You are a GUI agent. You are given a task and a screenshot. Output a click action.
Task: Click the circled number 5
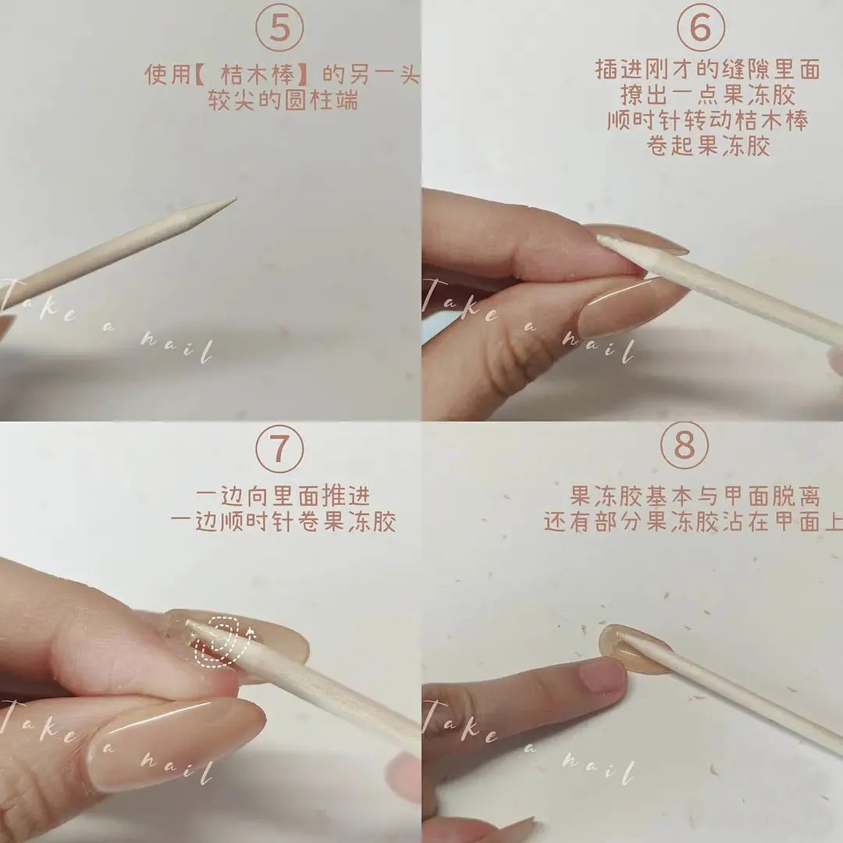tap(279, 27)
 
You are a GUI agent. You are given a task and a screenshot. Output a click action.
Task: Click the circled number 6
tap(700, 27)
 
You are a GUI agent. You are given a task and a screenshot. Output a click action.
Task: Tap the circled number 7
tap(279, 448)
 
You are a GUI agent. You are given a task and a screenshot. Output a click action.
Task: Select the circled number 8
tap(685, 446)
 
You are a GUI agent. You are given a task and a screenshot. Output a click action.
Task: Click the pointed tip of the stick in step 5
tap(235, 200)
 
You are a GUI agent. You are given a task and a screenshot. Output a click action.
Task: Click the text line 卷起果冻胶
tap(707, 146)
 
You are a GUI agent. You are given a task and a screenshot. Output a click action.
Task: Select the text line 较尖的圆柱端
tap(283, 100)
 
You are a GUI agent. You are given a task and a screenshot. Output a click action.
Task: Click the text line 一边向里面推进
tap(283, 496)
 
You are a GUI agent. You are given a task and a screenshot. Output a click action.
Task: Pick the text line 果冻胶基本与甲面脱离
tap(695, 496)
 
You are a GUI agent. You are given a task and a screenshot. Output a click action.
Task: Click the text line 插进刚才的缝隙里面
tap(707, 69)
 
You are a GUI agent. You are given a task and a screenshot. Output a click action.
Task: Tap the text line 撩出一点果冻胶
tap(707, 94)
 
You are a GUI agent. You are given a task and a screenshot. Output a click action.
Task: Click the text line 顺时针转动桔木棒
tap(707, 120)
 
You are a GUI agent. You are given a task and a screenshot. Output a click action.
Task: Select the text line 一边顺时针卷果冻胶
tap(283, 521)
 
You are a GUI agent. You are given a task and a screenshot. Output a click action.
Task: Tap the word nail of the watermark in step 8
tap(598, 769)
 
